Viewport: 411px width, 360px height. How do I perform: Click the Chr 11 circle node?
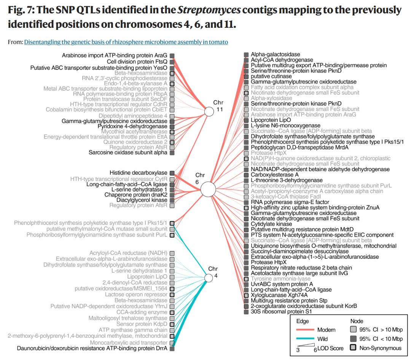[x=209, y=112]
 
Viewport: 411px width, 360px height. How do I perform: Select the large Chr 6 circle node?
[x=208, y=189]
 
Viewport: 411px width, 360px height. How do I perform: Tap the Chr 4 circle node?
[x=209, y=278]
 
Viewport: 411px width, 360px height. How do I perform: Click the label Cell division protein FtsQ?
[x=137, y=62]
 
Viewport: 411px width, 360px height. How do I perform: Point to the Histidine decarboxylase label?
[x=139, y=173]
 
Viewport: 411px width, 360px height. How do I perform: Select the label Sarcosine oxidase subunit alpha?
[x=128, y=153]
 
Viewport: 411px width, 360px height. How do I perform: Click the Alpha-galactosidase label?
[x=276, y=54]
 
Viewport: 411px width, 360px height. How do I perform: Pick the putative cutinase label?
[x=271, y=76]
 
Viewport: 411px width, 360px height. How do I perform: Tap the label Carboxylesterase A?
[x=275, y=175]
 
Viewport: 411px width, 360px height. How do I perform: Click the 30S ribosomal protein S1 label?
[x=281, y=312]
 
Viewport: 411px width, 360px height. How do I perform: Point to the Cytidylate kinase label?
[x=271, y=224]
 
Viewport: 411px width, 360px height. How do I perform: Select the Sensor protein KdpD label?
[x=142, y=324]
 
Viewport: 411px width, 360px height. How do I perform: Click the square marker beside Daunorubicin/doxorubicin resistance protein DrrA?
[x=172, y=349]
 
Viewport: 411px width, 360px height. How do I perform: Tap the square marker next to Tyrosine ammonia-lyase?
[x=246, y=279]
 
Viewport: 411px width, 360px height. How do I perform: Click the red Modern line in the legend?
[x=305, y=330]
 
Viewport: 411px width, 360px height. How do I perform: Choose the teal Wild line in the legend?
[x=305, y=339]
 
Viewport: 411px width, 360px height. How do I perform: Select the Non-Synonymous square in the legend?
[x=353, y=348]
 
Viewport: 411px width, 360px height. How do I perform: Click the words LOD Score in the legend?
[x=330, y=348]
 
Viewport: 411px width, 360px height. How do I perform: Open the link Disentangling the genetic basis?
[x=126, y=42]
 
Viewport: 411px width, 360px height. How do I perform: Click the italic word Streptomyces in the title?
[x=209, y=10]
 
